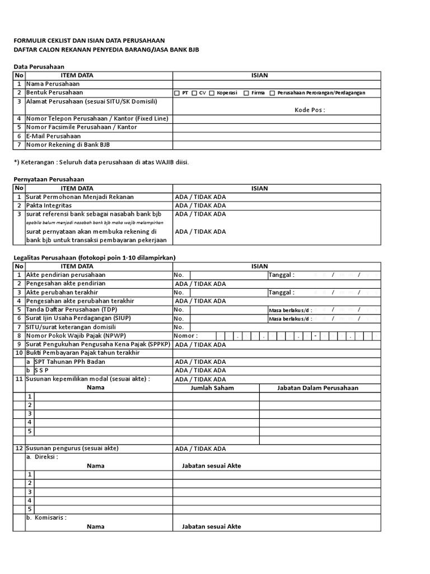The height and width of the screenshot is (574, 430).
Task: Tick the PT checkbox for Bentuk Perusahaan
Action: pos(177,92)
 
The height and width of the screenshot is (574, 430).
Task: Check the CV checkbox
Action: pos(194,92)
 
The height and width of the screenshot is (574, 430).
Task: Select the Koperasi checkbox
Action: pos(212,92)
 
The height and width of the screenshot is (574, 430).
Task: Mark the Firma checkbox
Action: pos(247,92)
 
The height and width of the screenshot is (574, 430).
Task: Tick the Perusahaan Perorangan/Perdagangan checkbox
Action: pos(273,92)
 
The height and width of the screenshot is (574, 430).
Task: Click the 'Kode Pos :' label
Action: pos(310,110)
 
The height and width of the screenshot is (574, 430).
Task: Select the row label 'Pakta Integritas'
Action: pos(49,206)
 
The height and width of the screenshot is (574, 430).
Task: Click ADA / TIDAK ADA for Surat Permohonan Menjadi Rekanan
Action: pos(200,197)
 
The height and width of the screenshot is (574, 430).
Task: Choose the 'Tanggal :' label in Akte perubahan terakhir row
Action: pos(281,293)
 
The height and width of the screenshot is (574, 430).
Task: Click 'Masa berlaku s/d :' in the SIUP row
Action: pos(290,318)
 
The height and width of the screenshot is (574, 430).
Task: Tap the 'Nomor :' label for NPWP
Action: pos(186,336)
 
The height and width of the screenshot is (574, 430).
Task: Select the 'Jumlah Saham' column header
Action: pos(212,388)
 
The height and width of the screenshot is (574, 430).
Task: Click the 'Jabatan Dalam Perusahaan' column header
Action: pos(317,388)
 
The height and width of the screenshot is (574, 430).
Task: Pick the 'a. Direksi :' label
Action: pos(43,457)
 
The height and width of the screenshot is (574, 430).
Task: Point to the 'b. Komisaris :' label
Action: pos(46,517)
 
